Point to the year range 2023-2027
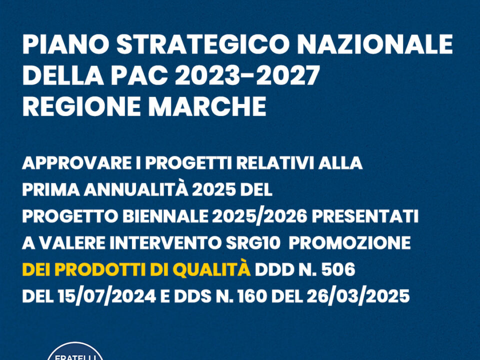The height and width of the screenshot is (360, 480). point(247,75)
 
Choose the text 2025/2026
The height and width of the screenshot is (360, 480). point(259,217)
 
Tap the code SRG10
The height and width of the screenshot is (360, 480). point(253,243)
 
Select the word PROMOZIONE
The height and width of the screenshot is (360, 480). point(349,243)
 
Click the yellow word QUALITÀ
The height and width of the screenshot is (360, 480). point(211,269)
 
